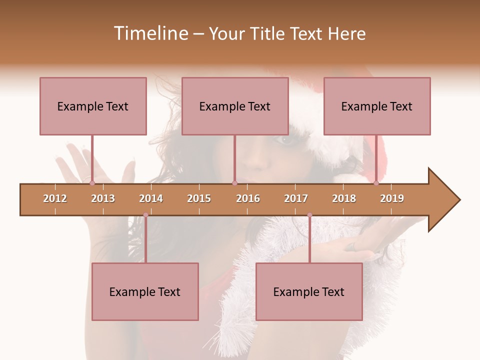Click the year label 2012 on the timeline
(55, 198)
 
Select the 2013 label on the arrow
(103, 198)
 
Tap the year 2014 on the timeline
(151, 198)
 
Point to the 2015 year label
(199, 198)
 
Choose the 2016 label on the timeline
(248, 198)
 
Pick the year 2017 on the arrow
(296, 198)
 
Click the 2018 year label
(344, 198)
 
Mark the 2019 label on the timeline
(392, 198)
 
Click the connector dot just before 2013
(92, 183)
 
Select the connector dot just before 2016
(234, 183)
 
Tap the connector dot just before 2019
(376, 183)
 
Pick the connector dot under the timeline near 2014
(145, 215)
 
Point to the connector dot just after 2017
(309, 215)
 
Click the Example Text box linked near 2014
(145, 291)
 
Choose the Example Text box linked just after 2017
(309, 291)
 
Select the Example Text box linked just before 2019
(377, 106)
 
